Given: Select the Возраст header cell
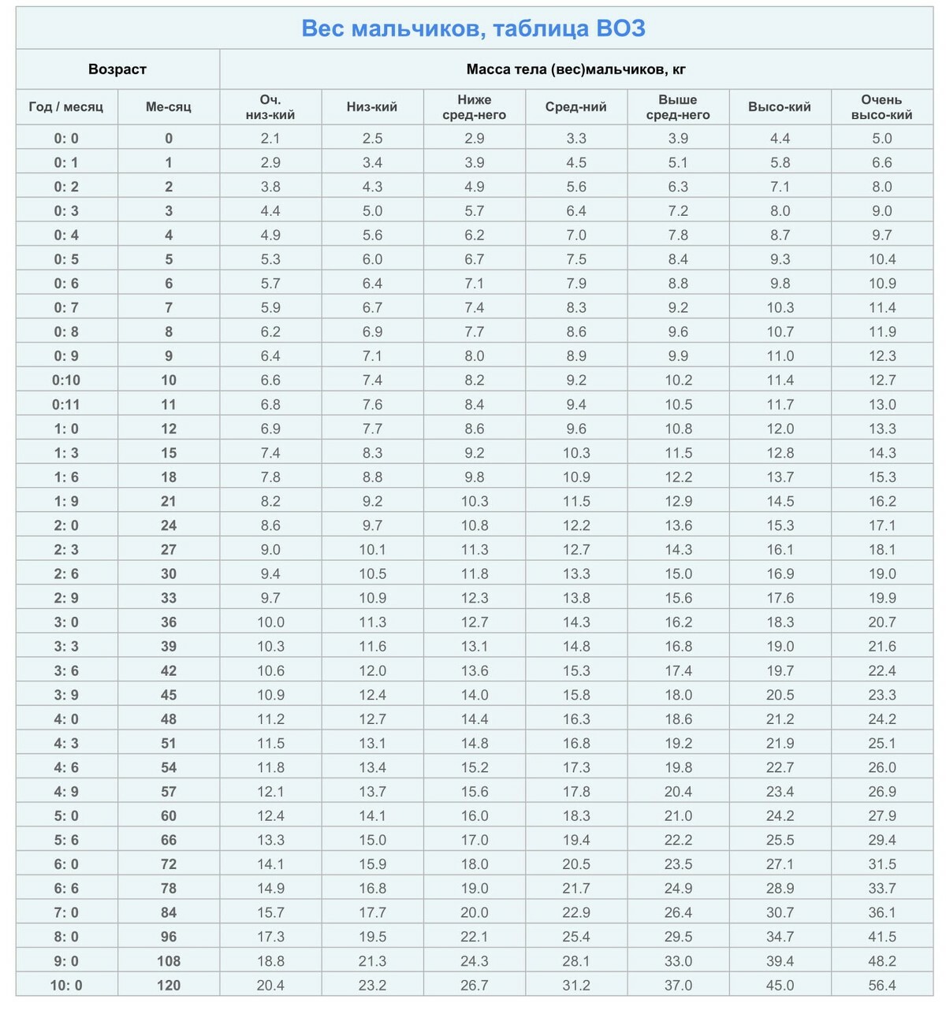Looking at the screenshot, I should [x=117, y=69].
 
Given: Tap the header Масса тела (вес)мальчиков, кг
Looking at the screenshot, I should [x=575, y=69].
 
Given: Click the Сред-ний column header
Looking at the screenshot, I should [x=575, y=107].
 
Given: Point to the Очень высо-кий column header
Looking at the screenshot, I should [x=881, y=107].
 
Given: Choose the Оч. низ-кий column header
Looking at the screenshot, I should [x=270, y=107].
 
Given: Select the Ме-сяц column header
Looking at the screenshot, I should [x=168, y=107].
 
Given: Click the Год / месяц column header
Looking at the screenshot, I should [x=66, y=107].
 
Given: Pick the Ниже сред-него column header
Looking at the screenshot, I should [x=474, y=107].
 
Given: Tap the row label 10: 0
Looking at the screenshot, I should [x=66, y=986].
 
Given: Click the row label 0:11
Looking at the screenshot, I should [x=66, y=405].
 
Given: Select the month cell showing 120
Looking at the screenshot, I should [x=168, y=986].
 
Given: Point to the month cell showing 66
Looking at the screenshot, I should [x=168, y=841].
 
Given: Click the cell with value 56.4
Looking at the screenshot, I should [x=881, y=986].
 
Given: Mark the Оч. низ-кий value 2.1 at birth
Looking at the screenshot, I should [x=270, y=139].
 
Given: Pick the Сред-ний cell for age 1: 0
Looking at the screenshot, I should [x=575, y=429].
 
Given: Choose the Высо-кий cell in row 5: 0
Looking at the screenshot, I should [x=780, y=816].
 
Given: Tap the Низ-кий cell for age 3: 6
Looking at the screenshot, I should [x=372, y=671].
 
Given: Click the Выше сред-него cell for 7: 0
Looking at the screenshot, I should [x=678, y=913].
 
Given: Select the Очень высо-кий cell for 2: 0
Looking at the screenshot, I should [x=881, y=525].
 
